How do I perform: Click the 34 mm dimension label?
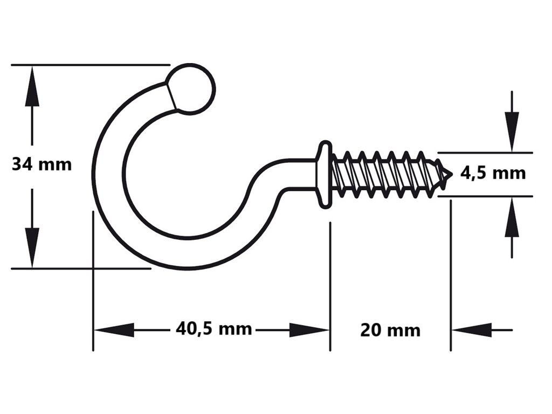[x=42, y=164]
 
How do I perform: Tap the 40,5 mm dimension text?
[x=213, y=328]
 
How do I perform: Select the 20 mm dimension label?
[x=390, y=330]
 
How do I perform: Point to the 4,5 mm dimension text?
[x=493, y=173]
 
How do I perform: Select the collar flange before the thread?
[x=323, y=174]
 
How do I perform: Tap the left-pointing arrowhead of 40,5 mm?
[x=111, y=329]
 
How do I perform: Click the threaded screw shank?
[x=385, y=174]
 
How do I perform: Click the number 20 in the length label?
[x=371, y=330]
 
